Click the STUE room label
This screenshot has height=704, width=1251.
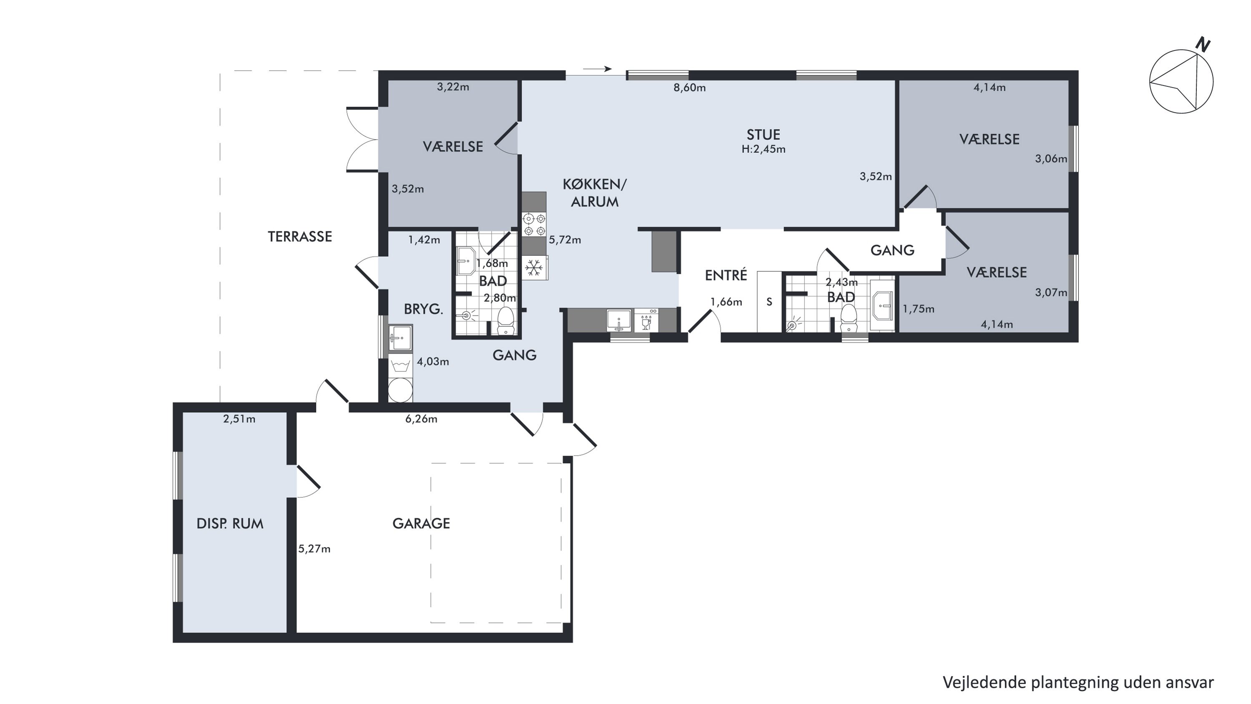[x=763, y=134]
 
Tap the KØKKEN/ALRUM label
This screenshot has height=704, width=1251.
[x=594, y=193]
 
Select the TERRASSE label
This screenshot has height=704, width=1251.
[x=300, y=237]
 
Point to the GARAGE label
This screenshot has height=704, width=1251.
[x=421, y=523]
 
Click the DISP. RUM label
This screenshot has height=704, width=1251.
[x=230, y=524]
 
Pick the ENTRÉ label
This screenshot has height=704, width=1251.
[x=726, y=275]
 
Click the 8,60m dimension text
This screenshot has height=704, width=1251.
[x=690, y=88]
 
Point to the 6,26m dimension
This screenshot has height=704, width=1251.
[x=421, y=419]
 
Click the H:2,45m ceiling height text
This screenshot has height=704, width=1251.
[x=764, y=149]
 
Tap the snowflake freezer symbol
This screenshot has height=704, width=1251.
[x=534, y=268]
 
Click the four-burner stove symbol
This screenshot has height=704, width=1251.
[x=534, y=225]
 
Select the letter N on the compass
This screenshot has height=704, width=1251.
[x=1203, y=45]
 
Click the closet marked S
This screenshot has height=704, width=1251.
[x=769, y=302]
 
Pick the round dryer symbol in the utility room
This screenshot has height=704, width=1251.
[x=400, y=390]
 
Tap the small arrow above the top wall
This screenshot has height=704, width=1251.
[x=597, y=69]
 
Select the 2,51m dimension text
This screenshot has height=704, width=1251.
[x=239, y=419]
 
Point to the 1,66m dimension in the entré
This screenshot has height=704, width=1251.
[x=726, y=302]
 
